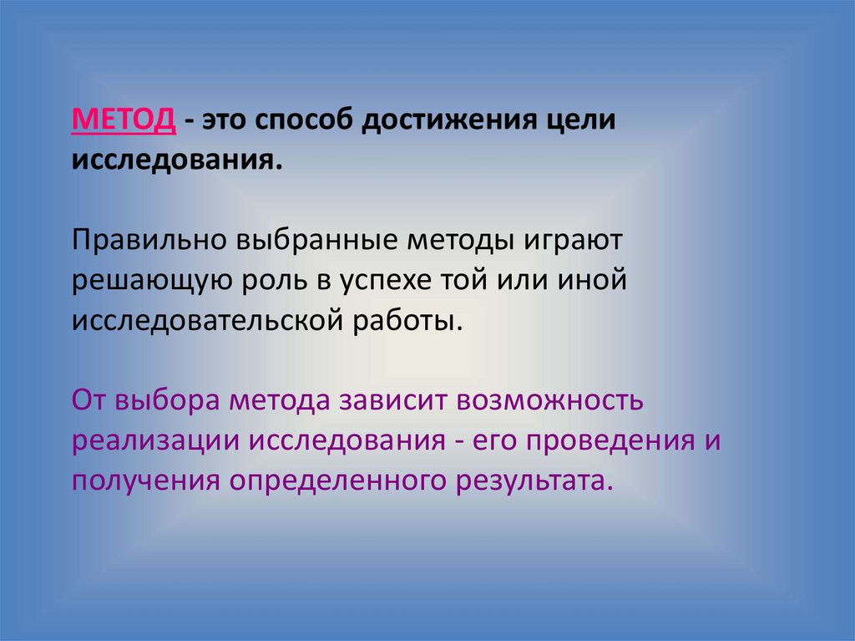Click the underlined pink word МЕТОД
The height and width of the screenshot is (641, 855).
point(124,120)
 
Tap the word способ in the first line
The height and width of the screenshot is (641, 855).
point(301,120)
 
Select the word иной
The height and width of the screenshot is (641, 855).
point(594,280)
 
